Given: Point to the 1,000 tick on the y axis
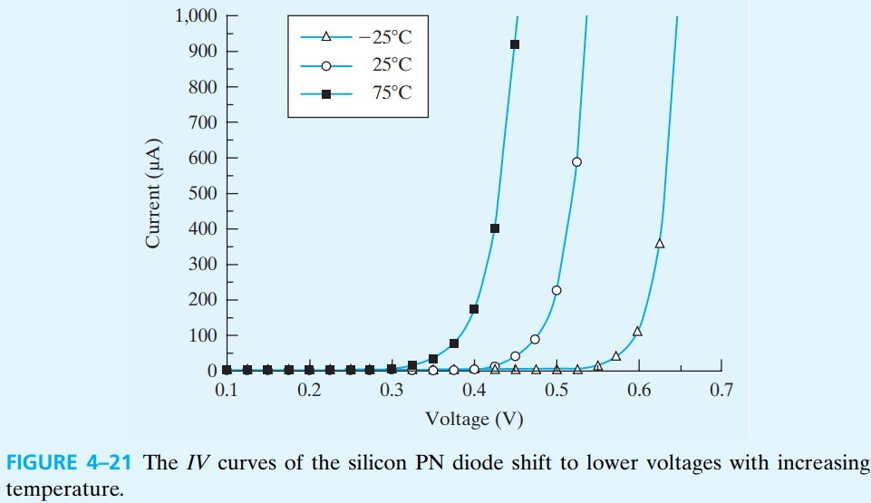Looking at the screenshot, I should coord(198,16).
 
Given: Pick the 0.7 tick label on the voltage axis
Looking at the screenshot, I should coord(721,391).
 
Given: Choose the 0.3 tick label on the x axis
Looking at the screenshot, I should coord(391,391).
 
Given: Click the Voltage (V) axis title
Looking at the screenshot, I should coord(474,420).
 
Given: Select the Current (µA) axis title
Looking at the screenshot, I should coord(153,193).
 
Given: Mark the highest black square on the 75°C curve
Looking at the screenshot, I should coord(515,44).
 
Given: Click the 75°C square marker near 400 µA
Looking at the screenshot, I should coord(495,228).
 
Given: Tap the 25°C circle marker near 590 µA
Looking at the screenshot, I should coord(576,162).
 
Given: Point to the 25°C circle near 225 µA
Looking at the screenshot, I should coord(556,291).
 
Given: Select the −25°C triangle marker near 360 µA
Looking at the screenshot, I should coord(659,243).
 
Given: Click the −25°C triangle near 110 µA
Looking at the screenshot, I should coord(637,332).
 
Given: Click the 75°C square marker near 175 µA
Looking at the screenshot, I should coord(474,309).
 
